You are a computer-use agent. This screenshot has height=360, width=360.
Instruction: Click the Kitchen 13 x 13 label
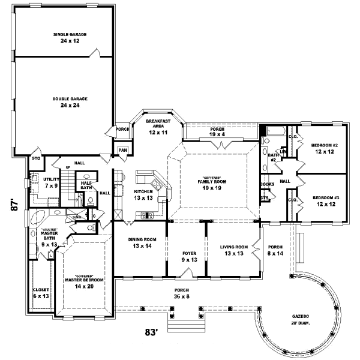(143, 195)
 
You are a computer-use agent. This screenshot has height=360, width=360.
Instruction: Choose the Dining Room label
(142, 243)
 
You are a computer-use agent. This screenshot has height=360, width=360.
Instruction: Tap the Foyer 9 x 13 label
(189, 257)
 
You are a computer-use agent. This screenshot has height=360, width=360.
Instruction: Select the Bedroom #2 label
(325, 148)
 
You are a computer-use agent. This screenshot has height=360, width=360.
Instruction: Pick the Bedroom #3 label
(325, 201)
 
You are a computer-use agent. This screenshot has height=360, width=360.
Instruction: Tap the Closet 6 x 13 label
(40, 293)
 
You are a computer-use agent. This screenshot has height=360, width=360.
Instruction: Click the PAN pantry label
(123, 150)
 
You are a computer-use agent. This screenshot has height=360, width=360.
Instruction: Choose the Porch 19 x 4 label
(217, 132)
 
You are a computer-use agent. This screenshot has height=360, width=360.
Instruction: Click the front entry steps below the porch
(181, 327)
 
